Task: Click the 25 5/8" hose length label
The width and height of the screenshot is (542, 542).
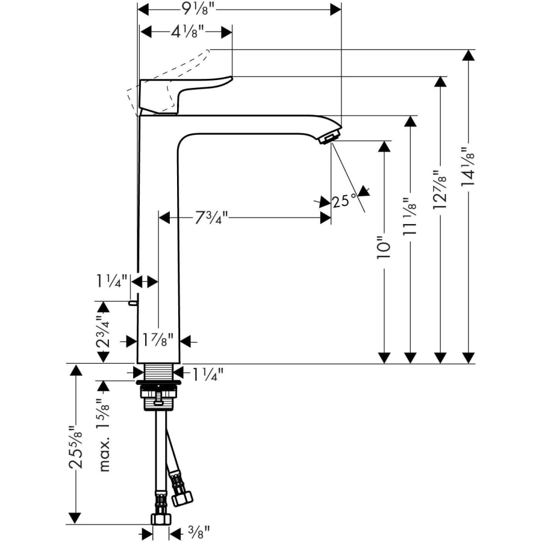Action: click(x=75, y=446)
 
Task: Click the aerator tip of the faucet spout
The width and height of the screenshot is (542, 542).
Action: click(x=328, y=139)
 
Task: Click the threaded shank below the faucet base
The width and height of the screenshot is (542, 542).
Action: click(x=159, y=373)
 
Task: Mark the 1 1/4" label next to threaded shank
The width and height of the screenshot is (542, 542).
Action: click(x=208, y=373)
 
